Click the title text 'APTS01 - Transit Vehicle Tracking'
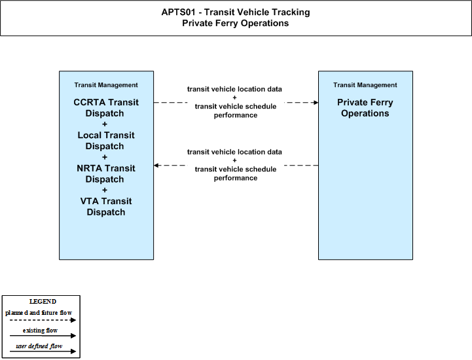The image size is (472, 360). (236, 12)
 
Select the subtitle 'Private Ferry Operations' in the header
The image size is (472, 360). (236, 23)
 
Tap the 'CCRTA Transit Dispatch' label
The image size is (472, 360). (106, 108)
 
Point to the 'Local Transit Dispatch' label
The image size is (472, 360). (106, 141)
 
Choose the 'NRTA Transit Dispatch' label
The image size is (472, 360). (106, 173)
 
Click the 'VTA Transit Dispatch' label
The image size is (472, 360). (106, 206)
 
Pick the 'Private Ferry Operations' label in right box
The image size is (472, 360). (365, 108)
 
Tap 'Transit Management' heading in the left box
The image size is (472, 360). (106, 85)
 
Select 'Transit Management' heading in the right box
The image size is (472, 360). (365, 85)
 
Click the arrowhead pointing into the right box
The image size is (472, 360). (316, 103)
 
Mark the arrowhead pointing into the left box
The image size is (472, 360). (156, 165)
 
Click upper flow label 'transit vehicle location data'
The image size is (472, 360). (234, 89)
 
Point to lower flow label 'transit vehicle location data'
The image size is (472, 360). (234, 152)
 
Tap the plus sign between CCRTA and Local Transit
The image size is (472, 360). (105, 124)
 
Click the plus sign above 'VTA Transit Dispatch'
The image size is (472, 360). (105, 190)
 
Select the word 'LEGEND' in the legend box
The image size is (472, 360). (43, 302)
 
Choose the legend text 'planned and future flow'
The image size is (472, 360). (39, 313)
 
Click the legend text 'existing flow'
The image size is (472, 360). (40, 331)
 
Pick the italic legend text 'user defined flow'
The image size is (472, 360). (39, 346)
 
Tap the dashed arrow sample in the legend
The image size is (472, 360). (43, 320)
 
